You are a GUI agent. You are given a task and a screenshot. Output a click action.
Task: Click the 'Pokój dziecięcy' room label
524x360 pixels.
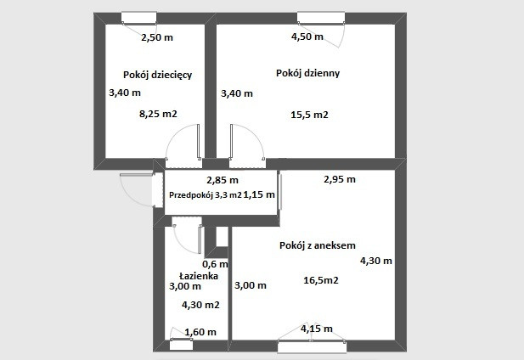point(158,75)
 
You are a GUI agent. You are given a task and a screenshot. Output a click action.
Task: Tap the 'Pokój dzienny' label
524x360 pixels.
point(307,74)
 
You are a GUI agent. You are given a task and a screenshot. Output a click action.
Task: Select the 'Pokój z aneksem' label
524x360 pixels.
point(317,245)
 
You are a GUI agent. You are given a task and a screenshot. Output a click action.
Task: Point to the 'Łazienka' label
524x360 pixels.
point(199,275)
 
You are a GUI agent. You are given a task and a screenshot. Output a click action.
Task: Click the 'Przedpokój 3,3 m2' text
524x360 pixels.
point(206,195)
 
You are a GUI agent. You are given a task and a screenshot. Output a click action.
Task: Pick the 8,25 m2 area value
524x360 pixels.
point(158,115)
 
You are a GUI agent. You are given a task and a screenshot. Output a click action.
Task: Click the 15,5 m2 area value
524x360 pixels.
point(309,115)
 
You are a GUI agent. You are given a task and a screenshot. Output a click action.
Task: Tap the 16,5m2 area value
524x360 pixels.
point(321,280)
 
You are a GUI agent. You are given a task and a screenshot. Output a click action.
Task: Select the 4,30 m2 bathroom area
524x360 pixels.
point(200,305)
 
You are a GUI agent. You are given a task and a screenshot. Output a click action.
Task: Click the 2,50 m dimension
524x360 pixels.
point(157,37)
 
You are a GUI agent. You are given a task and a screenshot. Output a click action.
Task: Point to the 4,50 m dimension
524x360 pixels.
point(307,37)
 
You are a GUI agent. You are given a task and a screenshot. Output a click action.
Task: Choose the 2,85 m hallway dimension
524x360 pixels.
point(223,180)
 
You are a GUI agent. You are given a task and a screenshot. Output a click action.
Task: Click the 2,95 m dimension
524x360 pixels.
point(340,180)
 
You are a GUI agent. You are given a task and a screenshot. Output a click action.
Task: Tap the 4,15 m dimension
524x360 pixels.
point(317,329)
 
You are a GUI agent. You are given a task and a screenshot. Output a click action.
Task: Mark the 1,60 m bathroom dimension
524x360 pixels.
point(200,332)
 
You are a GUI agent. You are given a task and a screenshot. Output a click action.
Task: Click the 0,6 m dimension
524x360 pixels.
point(215,264)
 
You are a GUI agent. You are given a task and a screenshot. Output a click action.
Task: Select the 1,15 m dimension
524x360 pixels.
point(259,194)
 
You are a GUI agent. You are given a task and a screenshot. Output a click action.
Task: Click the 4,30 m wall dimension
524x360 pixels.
point(376,261)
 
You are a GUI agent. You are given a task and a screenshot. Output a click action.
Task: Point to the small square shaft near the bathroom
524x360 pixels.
point(221,236)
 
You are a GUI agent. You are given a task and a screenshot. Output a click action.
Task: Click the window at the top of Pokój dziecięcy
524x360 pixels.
point(138,18)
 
